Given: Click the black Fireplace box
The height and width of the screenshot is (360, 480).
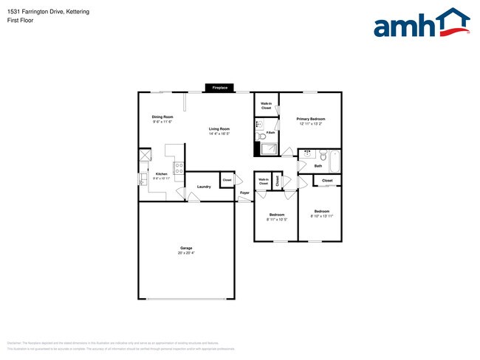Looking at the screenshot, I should pyautogui.click(x=220, y=88).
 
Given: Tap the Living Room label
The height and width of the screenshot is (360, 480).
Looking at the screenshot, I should pyautogui.click(x=219, y=129).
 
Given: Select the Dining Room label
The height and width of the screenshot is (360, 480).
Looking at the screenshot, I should pyautogui.click(x=162, y=117).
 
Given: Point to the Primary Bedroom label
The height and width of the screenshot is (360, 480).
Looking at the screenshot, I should pyautogui.click(x=311, y=119).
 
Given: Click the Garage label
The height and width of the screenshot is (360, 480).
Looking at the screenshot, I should pyautogui.click(x=186, y=248).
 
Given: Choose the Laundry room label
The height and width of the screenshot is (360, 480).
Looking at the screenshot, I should pyautogui.click(x=204, y=187).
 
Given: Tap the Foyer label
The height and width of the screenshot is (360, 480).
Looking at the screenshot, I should pyautogui.click(x=244, y=193).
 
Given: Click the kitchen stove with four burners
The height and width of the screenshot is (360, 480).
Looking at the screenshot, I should pyautogui.click(x=179, y=167).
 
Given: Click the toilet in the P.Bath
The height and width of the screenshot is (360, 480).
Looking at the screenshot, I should pyautogui.click(x=260, y=136).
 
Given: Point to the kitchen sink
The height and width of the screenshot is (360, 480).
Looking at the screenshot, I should pyautogui.click(x=142, y=179).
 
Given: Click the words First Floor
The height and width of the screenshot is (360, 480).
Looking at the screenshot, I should pyautogui.click(x=21, y=21).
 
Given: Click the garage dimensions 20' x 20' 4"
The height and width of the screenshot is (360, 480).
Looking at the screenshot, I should pyautogui.click(x=186, y=253).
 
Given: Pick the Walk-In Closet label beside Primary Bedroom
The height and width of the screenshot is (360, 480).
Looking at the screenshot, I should pyautogui.click(x=266, y=105).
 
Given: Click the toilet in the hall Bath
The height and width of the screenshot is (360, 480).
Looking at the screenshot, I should pyautogui.click(x=308, y=155).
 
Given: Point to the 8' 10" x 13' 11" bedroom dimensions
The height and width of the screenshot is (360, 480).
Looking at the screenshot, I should pyautogui.click(x=322, y=215).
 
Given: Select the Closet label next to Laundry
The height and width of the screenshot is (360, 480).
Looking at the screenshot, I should pyautogui.click(x=227, y=180).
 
